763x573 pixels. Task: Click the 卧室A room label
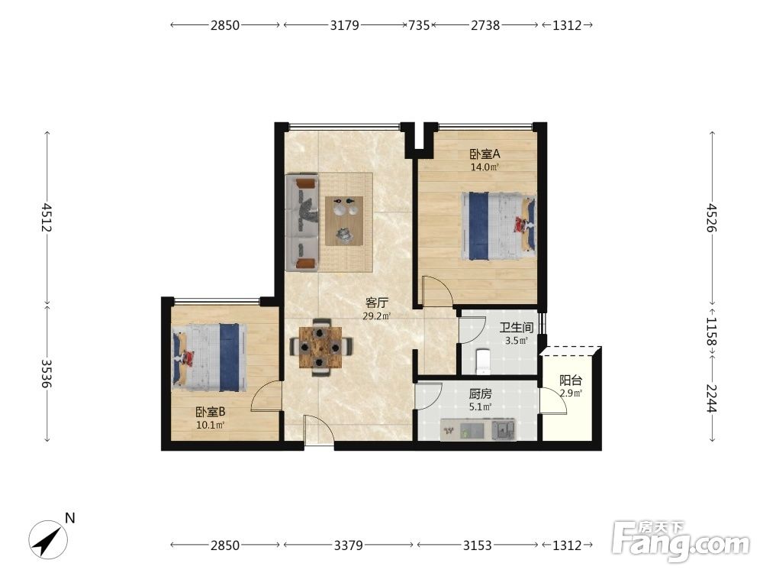tap(485, 154)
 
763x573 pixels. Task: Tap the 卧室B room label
tap(211, 412)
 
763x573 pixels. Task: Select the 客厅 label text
tap(377, 303)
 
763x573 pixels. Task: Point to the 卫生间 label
tap(517, 328)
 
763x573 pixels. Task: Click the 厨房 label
tap(480, 393)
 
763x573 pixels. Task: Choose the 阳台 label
tap(570, 380)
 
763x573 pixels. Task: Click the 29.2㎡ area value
tap(377, 316)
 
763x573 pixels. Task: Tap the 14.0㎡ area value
tap(485, 167)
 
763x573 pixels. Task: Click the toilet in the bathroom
tap(484, 361)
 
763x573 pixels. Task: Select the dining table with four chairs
tap(320, 347)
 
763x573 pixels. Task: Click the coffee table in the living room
tap(344, 221)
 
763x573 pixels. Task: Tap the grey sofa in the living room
tap(302, 222)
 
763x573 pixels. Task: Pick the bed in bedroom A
tap(499, 226)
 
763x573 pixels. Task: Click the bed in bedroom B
tap(209, 358)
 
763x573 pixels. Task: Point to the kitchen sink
tap(503, 429)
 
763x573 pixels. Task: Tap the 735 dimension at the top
tap(419, 25)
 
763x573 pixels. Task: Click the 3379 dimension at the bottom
tap(349, 545)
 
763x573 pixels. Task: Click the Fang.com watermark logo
tap(681, 541)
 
